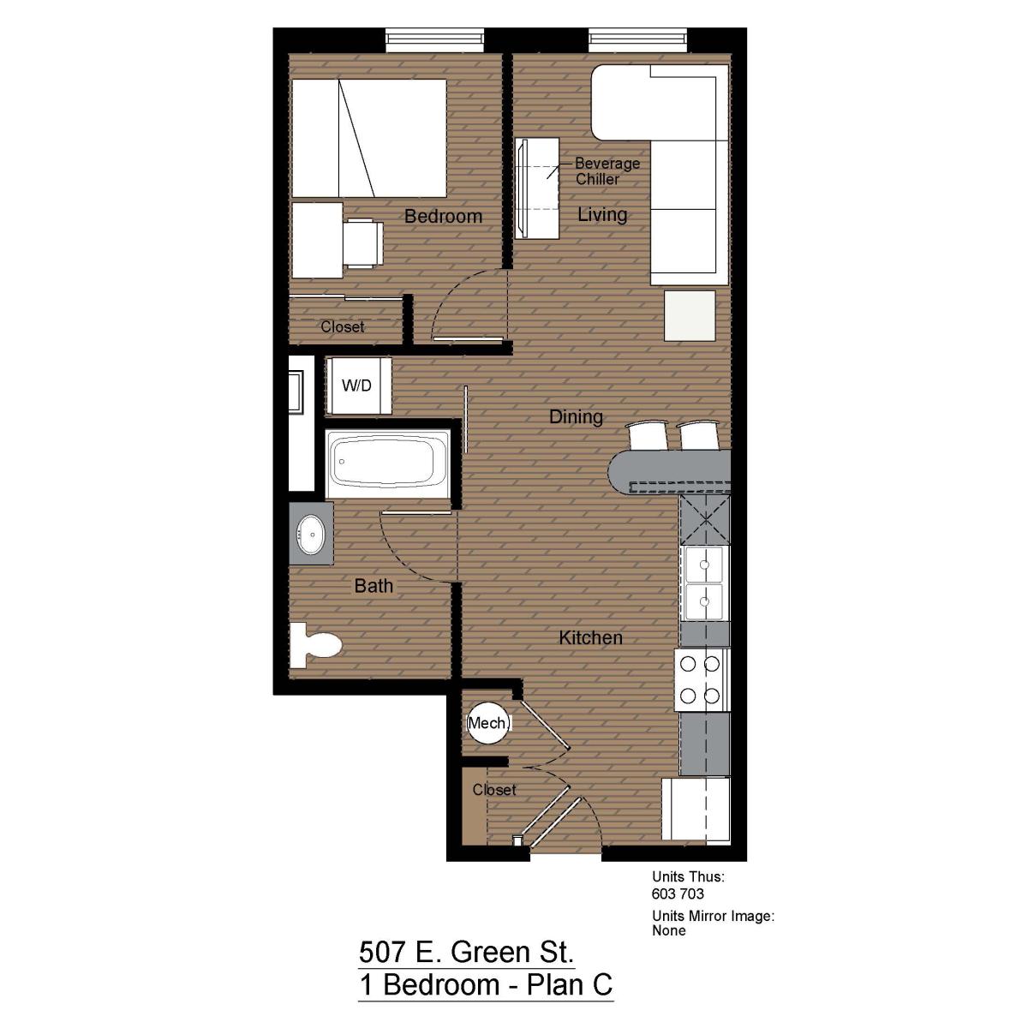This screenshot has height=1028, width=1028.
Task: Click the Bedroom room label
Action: point(443,216)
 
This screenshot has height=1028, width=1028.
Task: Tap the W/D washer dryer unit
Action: point(358,385)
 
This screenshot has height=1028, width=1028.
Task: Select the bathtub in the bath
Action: point(388,464)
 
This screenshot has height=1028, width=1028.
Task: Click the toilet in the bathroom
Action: point(315,645)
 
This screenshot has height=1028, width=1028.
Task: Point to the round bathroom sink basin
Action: point(311,534)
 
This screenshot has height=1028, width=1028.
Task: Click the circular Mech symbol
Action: point(488,723)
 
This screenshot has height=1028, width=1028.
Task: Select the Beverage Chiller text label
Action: point(607,170)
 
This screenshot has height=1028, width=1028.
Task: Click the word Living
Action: point(602,214)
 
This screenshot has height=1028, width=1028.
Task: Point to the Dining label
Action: point(577,416)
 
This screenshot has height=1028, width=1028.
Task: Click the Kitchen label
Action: point(590,637)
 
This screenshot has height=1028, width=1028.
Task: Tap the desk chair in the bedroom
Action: point(362,243)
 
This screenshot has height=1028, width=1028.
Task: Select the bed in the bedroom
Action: point(369,138)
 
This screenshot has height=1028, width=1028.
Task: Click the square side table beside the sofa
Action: point(690,315)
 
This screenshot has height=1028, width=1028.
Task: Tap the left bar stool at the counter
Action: point(647,435)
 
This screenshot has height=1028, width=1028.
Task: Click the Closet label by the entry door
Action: point(494,790)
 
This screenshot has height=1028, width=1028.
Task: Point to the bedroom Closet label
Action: point(342,326)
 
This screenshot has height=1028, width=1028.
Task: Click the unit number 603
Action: point(663,894)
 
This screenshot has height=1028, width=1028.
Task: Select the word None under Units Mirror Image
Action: point(669,930)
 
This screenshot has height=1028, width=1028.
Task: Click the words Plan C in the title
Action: point(570,985)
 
